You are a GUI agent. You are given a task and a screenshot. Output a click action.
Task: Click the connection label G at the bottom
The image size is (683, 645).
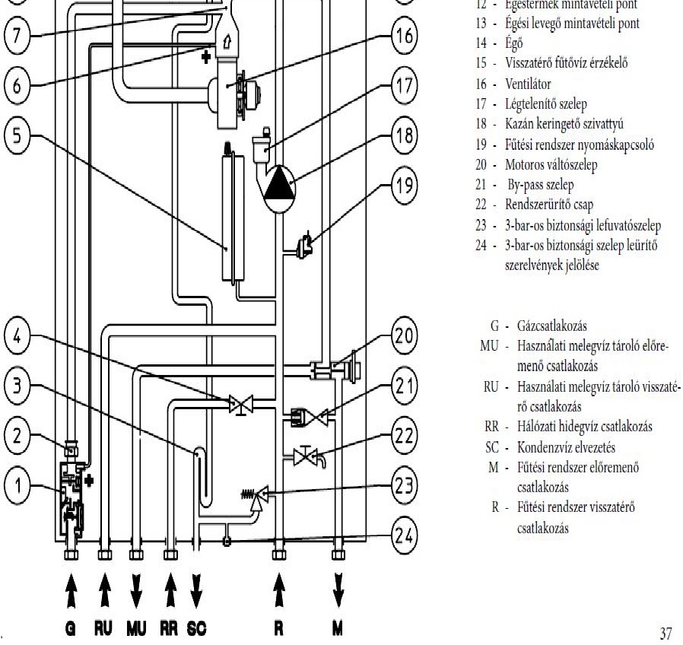point(70,629)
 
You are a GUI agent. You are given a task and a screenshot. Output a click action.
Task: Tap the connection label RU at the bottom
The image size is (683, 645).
point(104,629)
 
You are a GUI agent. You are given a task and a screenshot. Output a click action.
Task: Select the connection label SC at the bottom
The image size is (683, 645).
point(195,629)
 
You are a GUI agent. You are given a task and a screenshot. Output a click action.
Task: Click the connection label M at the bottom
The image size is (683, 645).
point(338,629)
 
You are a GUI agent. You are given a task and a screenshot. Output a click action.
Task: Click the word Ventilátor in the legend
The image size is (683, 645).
point(525,84)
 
